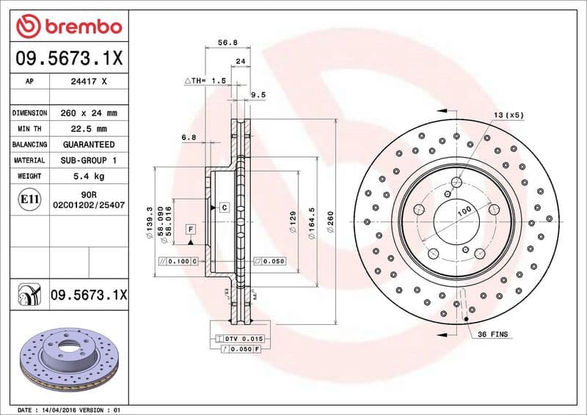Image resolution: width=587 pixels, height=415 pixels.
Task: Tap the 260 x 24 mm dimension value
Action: coord(90,114)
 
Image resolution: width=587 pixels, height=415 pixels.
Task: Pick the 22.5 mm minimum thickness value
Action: coord(90,129)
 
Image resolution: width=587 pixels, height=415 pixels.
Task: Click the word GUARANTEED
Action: coord(90,144)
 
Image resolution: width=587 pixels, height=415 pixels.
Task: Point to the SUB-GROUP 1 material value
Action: coord(90,160)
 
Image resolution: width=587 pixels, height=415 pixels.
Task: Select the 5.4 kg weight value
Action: coord(90,176)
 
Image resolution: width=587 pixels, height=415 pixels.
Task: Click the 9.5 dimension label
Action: coord(258,95)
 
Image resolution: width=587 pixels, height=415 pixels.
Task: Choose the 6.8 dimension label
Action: coord(189,136)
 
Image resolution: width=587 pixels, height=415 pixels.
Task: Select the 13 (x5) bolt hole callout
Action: coord(508,115)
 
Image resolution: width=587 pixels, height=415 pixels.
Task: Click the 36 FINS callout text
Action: coord(493,334)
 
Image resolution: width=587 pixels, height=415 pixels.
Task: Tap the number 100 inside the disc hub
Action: coord(464,211)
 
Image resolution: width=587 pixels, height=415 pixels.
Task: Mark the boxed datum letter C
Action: coord(223,208)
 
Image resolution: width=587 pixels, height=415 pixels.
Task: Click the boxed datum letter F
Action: coord(190,229)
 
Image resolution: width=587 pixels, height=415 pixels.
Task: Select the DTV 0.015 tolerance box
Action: coord(240,338)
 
